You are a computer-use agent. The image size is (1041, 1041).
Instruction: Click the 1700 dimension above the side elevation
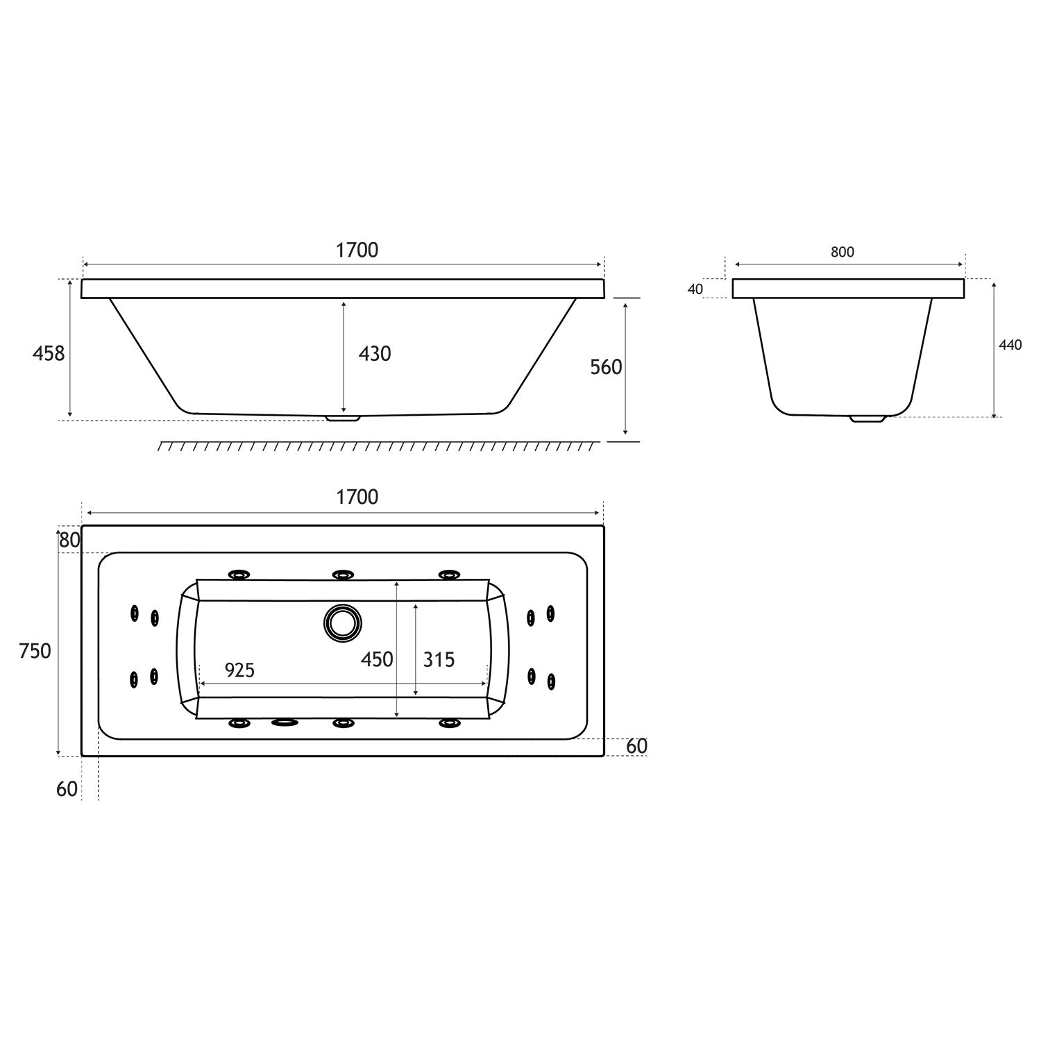point(357,250)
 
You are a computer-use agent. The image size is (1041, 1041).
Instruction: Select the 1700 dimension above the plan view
point(357,497)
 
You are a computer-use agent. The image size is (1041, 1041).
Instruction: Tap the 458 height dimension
point(49,354)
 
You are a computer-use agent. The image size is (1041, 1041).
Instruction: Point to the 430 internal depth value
point(375,354)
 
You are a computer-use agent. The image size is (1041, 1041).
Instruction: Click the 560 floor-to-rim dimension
point(606,367)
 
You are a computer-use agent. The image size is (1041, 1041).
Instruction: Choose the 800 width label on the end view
point(842,252)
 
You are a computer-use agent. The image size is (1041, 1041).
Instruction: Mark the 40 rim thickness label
point(695,289)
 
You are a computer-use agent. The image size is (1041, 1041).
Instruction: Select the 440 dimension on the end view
point(1010,345)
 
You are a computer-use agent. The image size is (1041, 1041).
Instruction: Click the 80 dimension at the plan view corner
point(69,540)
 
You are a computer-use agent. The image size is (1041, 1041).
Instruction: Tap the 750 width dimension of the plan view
point(35,651)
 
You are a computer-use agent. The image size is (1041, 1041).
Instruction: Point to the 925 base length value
point(239,670)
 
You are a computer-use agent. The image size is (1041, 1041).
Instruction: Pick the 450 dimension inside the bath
point(377,659)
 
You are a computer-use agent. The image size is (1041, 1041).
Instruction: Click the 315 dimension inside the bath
point(439,659)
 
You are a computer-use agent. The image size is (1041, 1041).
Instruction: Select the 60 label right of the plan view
point(636,746)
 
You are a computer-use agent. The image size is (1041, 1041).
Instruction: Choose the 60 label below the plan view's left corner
point(67,789)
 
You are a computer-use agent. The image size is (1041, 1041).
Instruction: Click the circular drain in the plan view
point(342,623)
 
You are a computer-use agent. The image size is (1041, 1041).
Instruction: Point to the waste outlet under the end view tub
point(867,419)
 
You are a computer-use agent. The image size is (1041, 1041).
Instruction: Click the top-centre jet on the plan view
point(343,575)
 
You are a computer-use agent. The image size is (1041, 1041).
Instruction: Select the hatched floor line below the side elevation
point(378,446)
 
